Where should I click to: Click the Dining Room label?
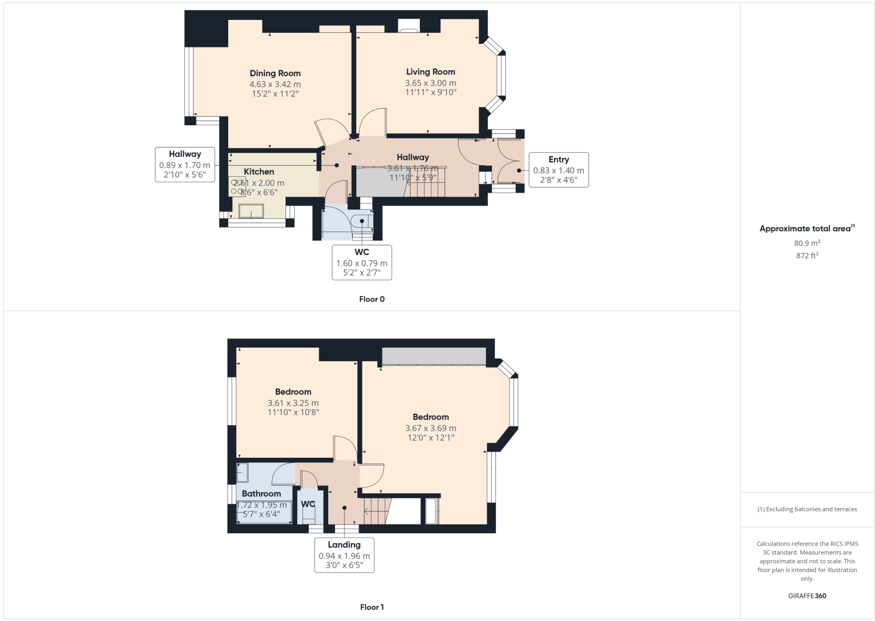(x=275, y=73)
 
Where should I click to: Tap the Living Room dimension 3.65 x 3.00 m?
(x=430, y=83)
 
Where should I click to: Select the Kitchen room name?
(x=259, y=171)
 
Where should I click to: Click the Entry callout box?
(x=558, y=170)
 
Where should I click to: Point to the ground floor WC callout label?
(x=361, y=262)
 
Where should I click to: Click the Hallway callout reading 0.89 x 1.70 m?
(x=185, y=164)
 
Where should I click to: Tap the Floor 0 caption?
(x=372, y=299)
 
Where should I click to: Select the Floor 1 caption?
(x=372, y=607)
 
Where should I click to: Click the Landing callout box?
(x=344, y=555)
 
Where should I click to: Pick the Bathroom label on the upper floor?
(x=261, y=493)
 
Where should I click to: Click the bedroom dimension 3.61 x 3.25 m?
(x=293, y=403)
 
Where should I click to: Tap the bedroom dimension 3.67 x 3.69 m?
(x=430, y=428)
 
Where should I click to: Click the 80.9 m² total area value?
(x=807, y=243)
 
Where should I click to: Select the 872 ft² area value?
(x=807, y=256)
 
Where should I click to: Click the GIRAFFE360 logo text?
(x=807, y=596)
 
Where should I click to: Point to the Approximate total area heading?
(x=806, y=229)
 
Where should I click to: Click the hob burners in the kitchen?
(x=237, y=187)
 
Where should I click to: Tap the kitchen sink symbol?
(x=251, y=211)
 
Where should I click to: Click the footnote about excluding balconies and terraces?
(x=807, y=509)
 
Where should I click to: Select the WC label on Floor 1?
(x=308, y=504)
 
